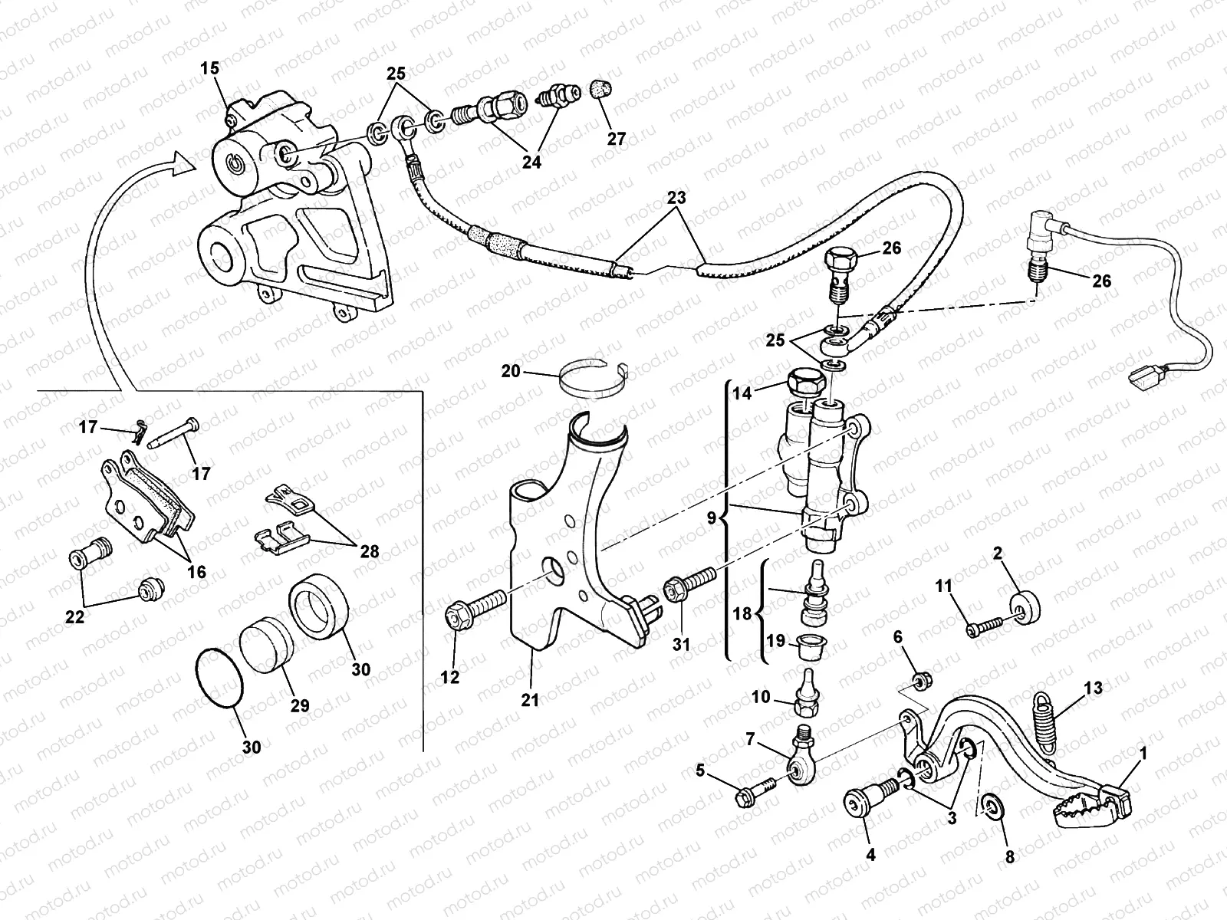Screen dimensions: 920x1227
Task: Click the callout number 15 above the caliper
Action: click(x=210, y=69)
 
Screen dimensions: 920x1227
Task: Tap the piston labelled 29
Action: click(x=265, y=647)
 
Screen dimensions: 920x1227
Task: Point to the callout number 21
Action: click(x=530, y=700)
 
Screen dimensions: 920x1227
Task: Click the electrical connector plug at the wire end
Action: click(x=1144, y=376)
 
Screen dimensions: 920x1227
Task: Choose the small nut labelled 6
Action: click(x=923, y=680)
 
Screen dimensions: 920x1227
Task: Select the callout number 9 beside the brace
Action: click(x=711, y=518)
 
